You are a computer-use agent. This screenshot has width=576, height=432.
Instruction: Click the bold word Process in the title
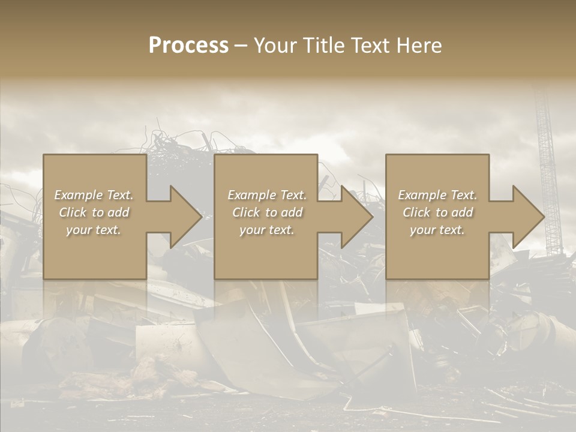tap(188, 46)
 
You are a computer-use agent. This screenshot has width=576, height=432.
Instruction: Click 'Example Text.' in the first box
tap(94, 195)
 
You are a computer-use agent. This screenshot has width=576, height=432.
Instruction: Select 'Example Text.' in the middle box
tap(266, 195)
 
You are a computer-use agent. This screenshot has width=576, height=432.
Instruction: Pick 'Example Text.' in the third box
tap(437, 195)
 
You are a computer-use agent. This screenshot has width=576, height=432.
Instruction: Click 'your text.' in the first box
tap(94, 230)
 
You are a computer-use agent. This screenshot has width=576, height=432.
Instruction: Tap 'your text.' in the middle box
tap(266, 230)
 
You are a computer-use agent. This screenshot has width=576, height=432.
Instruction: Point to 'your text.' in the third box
tap(437, 230)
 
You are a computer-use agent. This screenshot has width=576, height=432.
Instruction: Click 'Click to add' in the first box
tap(94, 212)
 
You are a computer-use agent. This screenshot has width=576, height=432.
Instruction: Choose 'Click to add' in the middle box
tap(266, 212)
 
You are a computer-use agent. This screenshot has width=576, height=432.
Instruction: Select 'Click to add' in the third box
tap(437, 212)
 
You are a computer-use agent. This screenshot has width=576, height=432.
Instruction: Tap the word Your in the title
tap(275, 46)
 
